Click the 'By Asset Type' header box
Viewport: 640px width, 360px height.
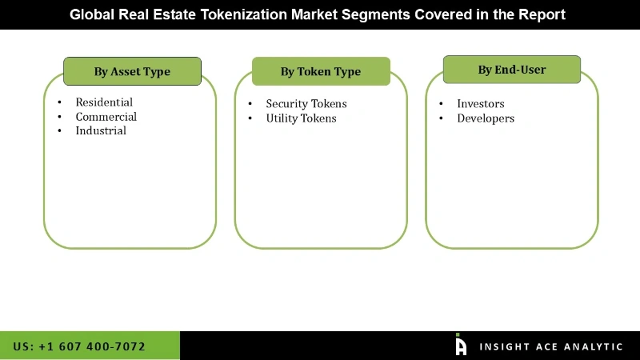[132, 71]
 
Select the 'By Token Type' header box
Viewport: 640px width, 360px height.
[321, 71]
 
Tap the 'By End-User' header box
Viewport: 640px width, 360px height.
[512, 70]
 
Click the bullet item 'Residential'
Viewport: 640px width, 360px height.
[104, 102]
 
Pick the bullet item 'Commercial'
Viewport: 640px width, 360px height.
[106, 117]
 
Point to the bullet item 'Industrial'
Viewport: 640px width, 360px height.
[101, 130]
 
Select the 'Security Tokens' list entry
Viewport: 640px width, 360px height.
[306, 104]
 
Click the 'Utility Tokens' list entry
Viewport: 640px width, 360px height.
[301, 118]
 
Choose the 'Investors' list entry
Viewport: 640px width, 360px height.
[481, 104]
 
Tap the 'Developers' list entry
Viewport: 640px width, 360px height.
[486, 118]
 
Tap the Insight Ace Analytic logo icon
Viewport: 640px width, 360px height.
[461, 345]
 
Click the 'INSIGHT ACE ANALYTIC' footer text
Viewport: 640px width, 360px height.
[551, 346]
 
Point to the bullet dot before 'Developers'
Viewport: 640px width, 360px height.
[441, 119]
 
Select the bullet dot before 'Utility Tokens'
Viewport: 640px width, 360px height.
[250, 119]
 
